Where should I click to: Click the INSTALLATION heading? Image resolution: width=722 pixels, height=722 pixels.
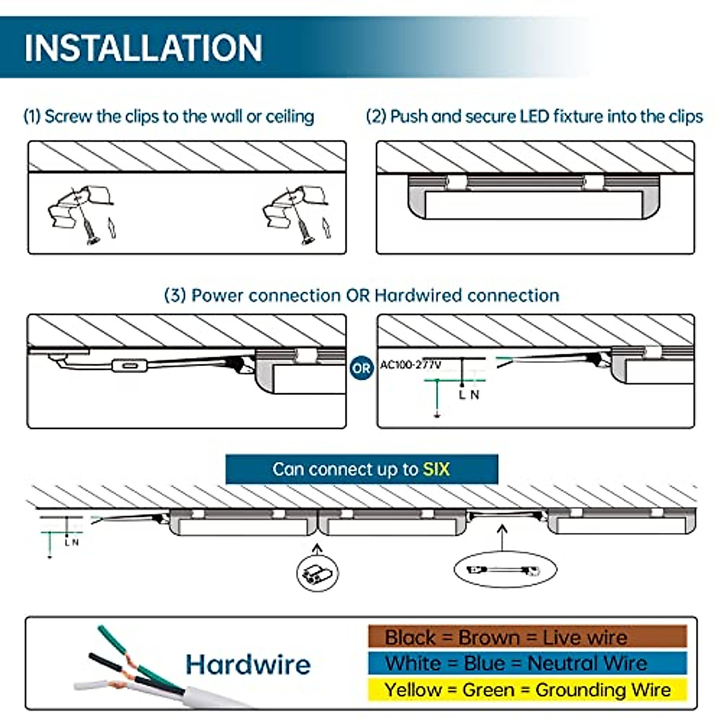[143, 48]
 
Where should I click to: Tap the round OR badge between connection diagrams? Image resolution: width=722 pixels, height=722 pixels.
[361, 368]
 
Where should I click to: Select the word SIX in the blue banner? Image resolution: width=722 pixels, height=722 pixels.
[436, 469]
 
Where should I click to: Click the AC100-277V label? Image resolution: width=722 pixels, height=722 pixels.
[410, 365]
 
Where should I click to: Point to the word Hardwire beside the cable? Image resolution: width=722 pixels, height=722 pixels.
[248, 665]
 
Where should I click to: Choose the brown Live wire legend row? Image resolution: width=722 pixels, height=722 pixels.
[527, 637]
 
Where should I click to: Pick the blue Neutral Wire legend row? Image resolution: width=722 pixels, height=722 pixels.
[527, 663]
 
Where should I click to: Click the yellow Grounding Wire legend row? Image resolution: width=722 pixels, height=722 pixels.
[527, 690]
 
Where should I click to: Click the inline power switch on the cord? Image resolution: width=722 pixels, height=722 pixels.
[129, 365]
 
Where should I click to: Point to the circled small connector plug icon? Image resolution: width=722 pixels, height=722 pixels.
[318, 572]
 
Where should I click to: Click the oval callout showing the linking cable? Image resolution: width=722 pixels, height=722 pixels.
[505, 569]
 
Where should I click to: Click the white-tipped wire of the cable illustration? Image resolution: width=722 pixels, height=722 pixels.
[90, 685]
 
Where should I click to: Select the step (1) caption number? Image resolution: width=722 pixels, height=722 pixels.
[32, 116]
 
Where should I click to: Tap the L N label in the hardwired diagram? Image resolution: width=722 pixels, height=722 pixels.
[469, 395]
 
